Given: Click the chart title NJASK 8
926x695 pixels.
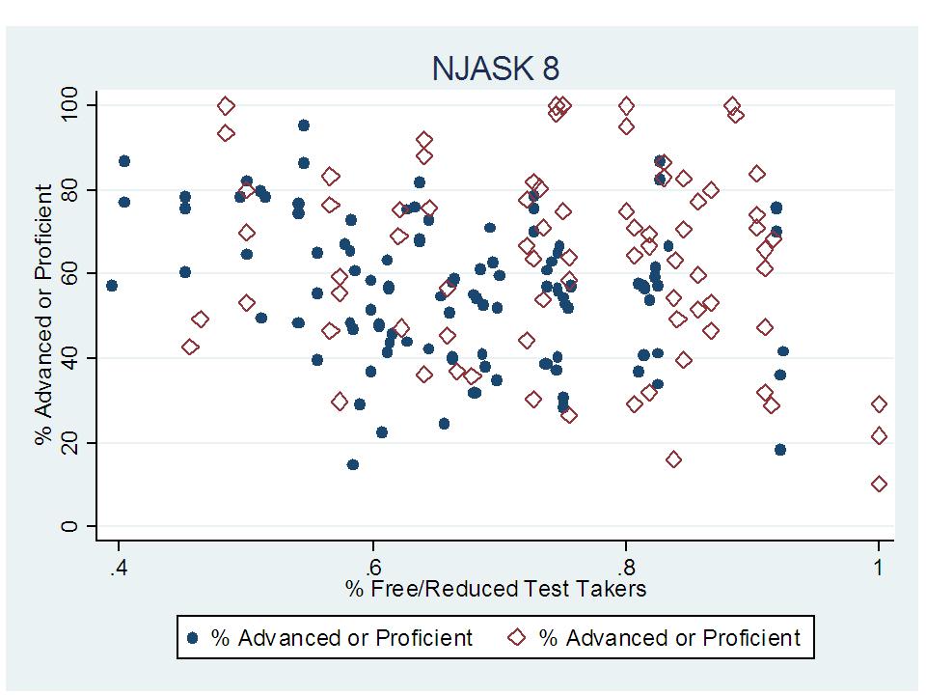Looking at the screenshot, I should [x=495, y=69].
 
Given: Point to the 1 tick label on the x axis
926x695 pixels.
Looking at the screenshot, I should [x=879, y=566].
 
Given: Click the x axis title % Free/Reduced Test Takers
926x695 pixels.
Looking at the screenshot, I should [x=496, y=588].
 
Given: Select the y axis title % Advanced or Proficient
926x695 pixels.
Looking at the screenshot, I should [x=43, y=316].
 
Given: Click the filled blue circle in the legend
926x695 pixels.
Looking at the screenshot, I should [x=193, y=638].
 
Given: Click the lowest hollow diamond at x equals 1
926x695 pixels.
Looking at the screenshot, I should [x=879, y=484].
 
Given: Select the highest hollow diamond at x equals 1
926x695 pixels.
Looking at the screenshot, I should [x=879, y=404].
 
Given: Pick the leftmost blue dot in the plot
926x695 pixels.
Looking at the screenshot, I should [x=112, y=286].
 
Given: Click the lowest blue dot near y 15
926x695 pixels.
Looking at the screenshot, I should [x=353, y=464].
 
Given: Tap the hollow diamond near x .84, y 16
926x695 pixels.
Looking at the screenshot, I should [x=673, y=459].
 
